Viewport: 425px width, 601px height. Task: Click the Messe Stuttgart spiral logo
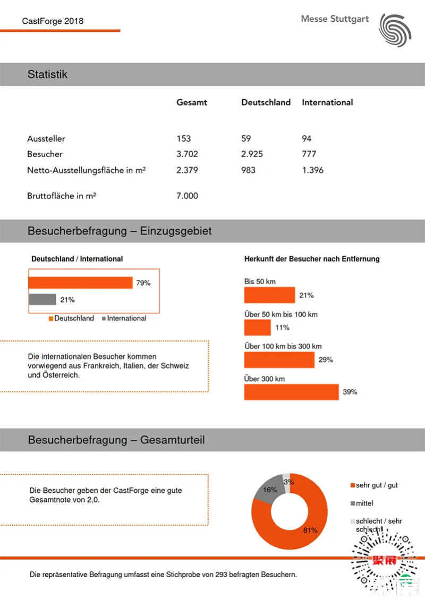click(x=395, y=30)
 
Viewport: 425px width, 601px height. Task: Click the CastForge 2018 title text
click(x=53, y=21)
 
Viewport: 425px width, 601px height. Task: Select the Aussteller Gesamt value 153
click(x=184, y=138)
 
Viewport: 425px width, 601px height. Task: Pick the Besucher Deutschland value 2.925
click(x=252, y=154)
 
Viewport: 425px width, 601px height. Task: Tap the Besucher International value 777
click(x=309, y=154)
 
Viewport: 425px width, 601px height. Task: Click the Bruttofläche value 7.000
click(x=187, y=196)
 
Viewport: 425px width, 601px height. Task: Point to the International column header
click(x=327, y=102)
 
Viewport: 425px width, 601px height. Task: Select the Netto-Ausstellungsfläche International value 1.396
click(x=312, y=170)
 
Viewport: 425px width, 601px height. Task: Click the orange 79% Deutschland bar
click(x=80, y=283)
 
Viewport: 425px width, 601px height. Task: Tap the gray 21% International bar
click(x=42, y=300)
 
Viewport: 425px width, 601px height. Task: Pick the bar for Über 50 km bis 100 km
click(x=257, y=327)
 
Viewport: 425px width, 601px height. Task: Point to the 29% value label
click(x=326, y=360)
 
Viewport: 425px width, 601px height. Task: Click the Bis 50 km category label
click(x=260, y=282)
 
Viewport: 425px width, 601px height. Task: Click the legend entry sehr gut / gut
click(x=376, y=485)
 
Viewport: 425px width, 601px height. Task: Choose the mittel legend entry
click(x=364, y=503)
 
